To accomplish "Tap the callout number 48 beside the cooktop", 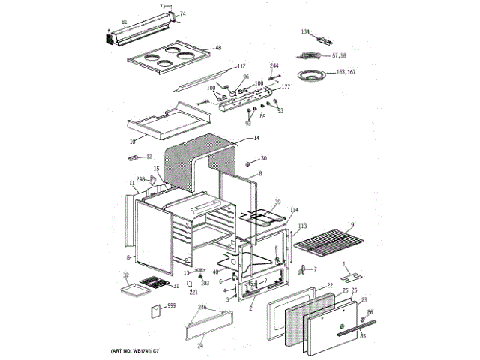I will click(x=218, y=48).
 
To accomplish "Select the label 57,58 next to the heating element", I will click(x=339, y=55).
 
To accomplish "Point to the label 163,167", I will click(x=346, y=72).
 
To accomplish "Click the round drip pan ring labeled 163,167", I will click(x=311, y=75).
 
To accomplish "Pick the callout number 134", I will click(x=305, y=31).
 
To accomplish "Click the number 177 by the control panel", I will click(x=285, y=88).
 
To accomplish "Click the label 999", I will click(x=171, y=306).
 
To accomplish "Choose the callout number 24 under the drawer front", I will click(x=199, y=346).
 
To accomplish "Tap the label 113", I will click(x=302, y=226).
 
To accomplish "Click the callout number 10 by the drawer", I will click(x=133, y=141).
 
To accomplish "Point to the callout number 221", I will click(x=193, y=292).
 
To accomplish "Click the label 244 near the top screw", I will click(x=274, y=66).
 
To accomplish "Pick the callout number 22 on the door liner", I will click(x=330, y=285).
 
